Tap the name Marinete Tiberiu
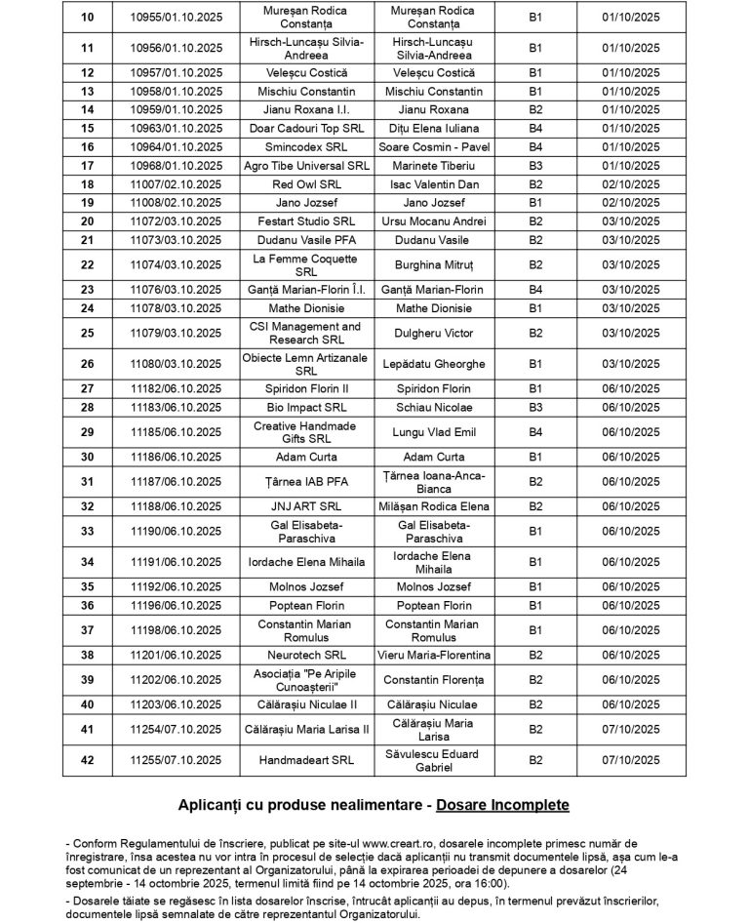point(434,165)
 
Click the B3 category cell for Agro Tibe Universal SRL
point(535,165)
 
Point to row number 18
point(87,183)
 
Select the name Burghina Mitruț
point(434,264)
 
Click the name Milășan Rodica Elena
point(434,506)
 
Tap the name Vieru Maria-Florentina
point(434,655)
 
